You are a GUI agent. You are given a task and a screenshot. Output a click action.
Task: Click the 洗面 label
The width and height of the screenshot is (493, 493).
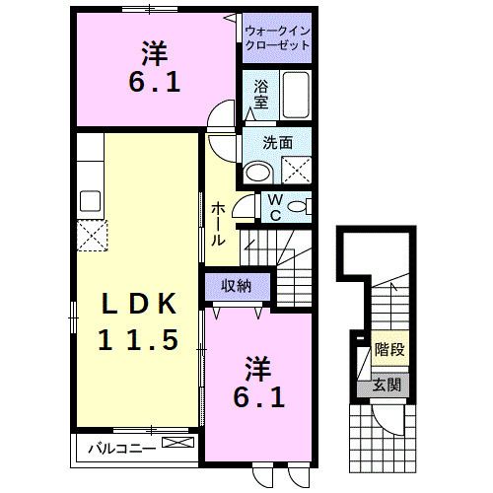click(x=278, y=142)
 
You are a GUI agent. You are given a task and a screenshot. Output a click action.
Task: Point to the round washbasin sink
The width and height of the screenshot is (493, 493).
click(x=257, y=172)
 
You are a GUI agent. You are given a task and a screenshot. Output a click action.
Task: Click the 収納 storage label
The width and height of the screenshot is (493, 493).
click(x=235, y=285)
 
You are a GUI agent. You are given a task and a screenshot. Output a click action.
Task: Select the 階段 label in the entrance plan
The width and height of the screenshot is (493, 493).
click(x=389, y=350)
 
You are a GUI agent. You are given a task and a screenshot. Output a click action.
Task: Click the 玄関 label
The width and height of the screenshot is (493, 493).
click(x=386, y=384)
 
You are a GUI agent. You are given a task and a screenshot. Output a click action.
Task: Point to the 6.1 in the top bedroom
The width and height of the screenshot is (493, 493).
click(x=154, y=82)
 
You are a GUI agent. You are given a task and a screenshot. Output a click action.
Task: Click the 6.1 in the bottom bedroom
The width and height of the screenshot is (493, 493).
click(x=261, y=398)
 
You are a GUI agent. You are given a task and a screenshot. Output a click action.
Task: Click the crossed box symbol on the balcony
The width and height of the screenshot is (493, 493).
click(x=176, y=445)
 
